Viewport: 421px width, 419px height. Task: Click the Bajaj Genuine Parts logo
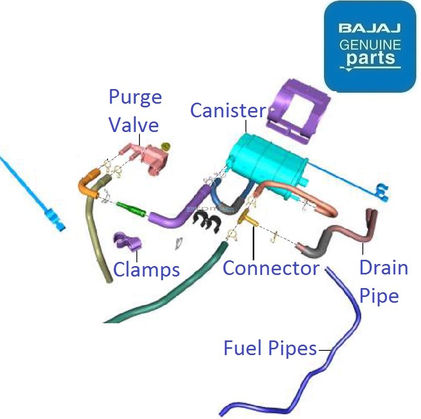tap(370, 46)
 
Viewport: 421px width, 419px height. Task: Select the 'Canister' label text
tap(228, 111)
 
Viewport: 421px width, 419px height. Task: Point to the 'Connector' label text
tap(271, 268)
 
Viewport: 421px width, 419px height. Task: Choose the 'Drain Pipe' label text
tap(383, 281)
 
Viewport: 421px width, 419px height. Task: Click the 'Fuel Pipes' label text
tap(270, 348)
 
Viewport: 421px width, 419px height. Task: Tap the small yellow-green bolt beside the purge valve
tap(167, 146)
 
